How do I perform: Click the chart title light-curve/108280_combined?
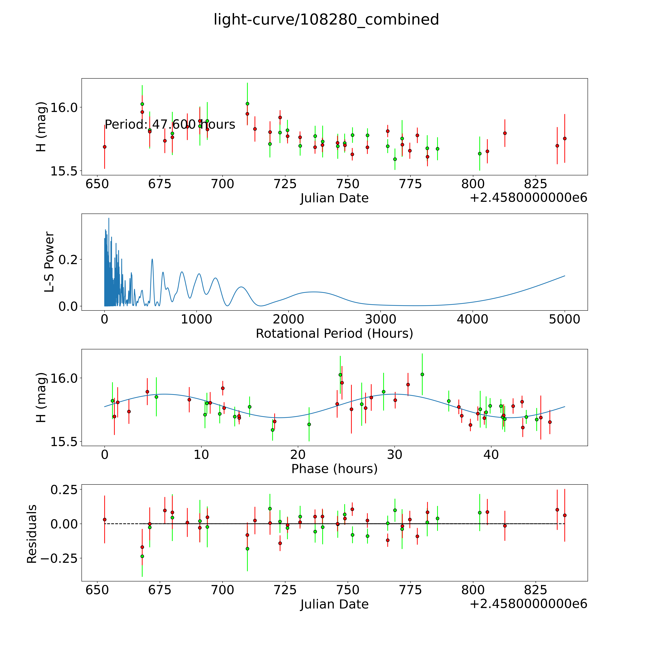pos(326,20)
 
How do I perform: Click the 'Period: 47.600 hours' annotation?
pos(170,125)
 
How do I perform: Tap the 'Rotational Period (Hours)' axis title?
pos(334,334)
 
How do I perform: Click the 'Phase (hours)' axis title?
pos(334,469)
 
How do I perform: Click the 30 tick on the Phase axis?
pos(394,455)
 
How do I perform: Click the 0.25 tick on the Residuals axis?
pos(64,489)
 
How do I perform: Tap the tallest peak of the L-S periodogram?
pos(108,218)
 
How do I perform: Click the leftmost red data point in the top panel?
pos(104,147)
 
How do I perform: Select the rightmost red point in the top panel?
pos(564,138)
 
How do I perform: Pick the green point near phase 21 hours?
pos(309,424)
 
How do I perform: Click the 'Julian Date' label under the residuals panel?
pos(334,604)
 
